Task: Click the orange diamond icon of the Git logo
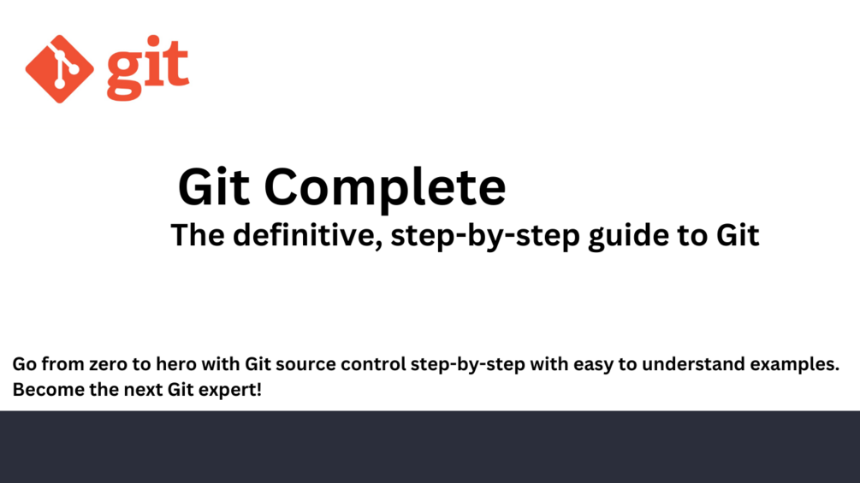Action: coord(59,69)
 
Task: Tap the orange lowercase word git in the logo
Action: coord(148,68)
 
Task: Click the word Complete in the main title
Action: coord(384,188)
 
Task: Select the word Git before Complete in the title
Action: coord(214,186)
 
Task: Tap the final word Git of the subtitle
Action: coord(738,235)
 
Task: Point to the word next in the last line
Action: coord(143,391)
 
